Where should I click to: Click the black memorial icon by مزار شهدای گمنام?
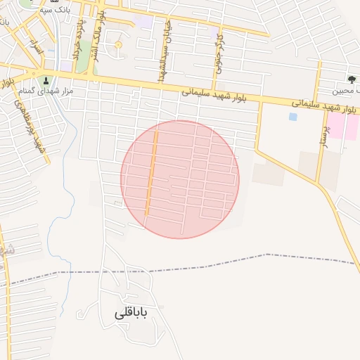pyautogui.click(x=46, y=80)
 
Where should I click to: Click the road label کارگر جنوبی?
pyautogui.click(x=219, y=49)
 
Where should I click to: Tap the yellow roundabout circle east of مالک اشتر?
pyautogui.click(x=118, y=46)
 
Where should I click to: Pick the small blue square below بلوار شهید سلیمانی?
pyautogui.click(x=292, y=117)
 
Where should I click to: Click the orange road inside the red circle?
pyautogui.click(x=150, y=176)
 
